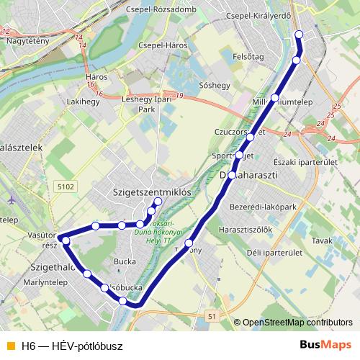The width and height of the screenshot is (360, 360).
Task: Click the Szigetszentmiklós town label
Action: pyautogui.click(x=152, y=192)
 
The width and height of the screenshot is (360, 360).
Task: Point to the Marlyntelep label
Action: pyautogui.click(x=24, y=283)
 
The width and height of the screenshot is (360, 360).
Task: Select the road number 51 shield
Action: pyautogui.click(x=211, y=315)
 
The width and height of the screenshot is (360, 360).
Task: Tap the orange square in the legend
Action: pyautogui.click(x=9, y=346)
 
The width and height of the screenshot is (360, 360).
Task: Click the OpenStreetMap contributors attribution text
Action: pyautogui.click(x=297, y=323)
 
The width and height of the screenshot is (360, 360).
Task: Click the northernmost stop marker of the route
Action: pyautogui.click(x=300, y=35)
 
